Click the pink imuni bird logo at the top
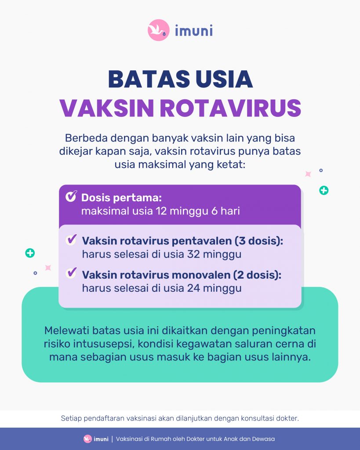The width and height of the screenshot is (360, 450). (159, 30)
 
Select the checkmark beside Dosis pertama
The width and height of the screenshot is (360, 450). (71, 196)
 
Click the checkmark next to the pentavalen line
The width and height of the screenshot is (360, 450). (71, 240)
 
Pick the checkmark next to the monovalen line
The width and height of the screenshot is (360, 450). (71, 273)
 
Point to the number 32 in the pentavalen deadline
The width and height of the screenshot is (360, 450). (193, 254)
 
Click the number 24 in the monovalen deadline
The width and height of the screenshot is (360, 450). (193, 288)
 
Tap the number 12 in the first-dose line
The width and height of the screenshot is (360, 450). (161, 211)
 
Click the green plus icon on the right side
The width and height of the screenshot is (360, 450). (324, 190)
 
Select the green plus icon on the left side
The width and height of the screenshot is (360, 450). (30, 253)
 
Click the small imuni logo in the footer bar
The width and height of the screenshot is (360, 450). (96, 439)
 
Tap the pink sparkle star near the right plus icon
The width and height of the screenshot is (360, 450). (308, 174)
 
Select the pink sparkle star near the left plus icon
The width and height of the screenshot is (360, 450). (48, 268)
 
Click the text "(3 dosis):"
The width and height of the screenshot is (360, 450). (259, 241)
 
